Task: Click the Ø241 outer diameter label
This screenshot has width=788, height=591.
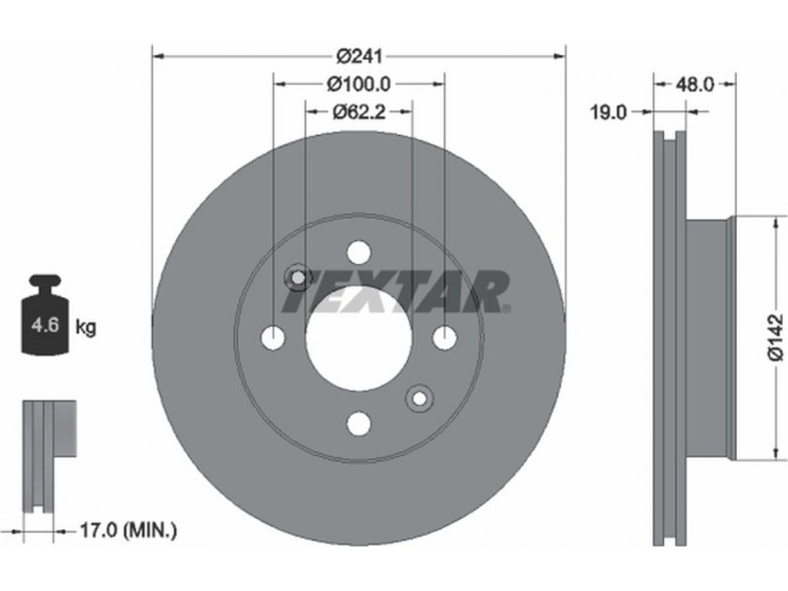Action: pyautogui.click(x=359, y=56)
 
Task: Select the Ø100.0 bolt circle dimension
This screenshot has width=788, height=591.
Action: pyautogui.click(x=359, y=84)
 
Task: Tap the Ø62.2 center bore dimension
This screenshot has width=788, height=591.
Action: pyautogui.click(x=359, y=111)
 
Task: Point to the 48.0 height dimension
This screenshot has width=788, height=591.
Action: pyautogui.click(x=694, y=85)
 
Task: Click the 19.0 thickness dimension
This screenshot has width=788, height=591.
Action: pyautogui.click(x=608, y=112)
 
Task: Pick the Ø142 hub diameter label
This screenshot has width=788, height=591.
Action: pyautogui.click(x=776, y=337)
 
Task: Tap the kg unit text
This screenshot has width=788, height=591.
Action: pyautogui.click(x=86, y=327)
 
